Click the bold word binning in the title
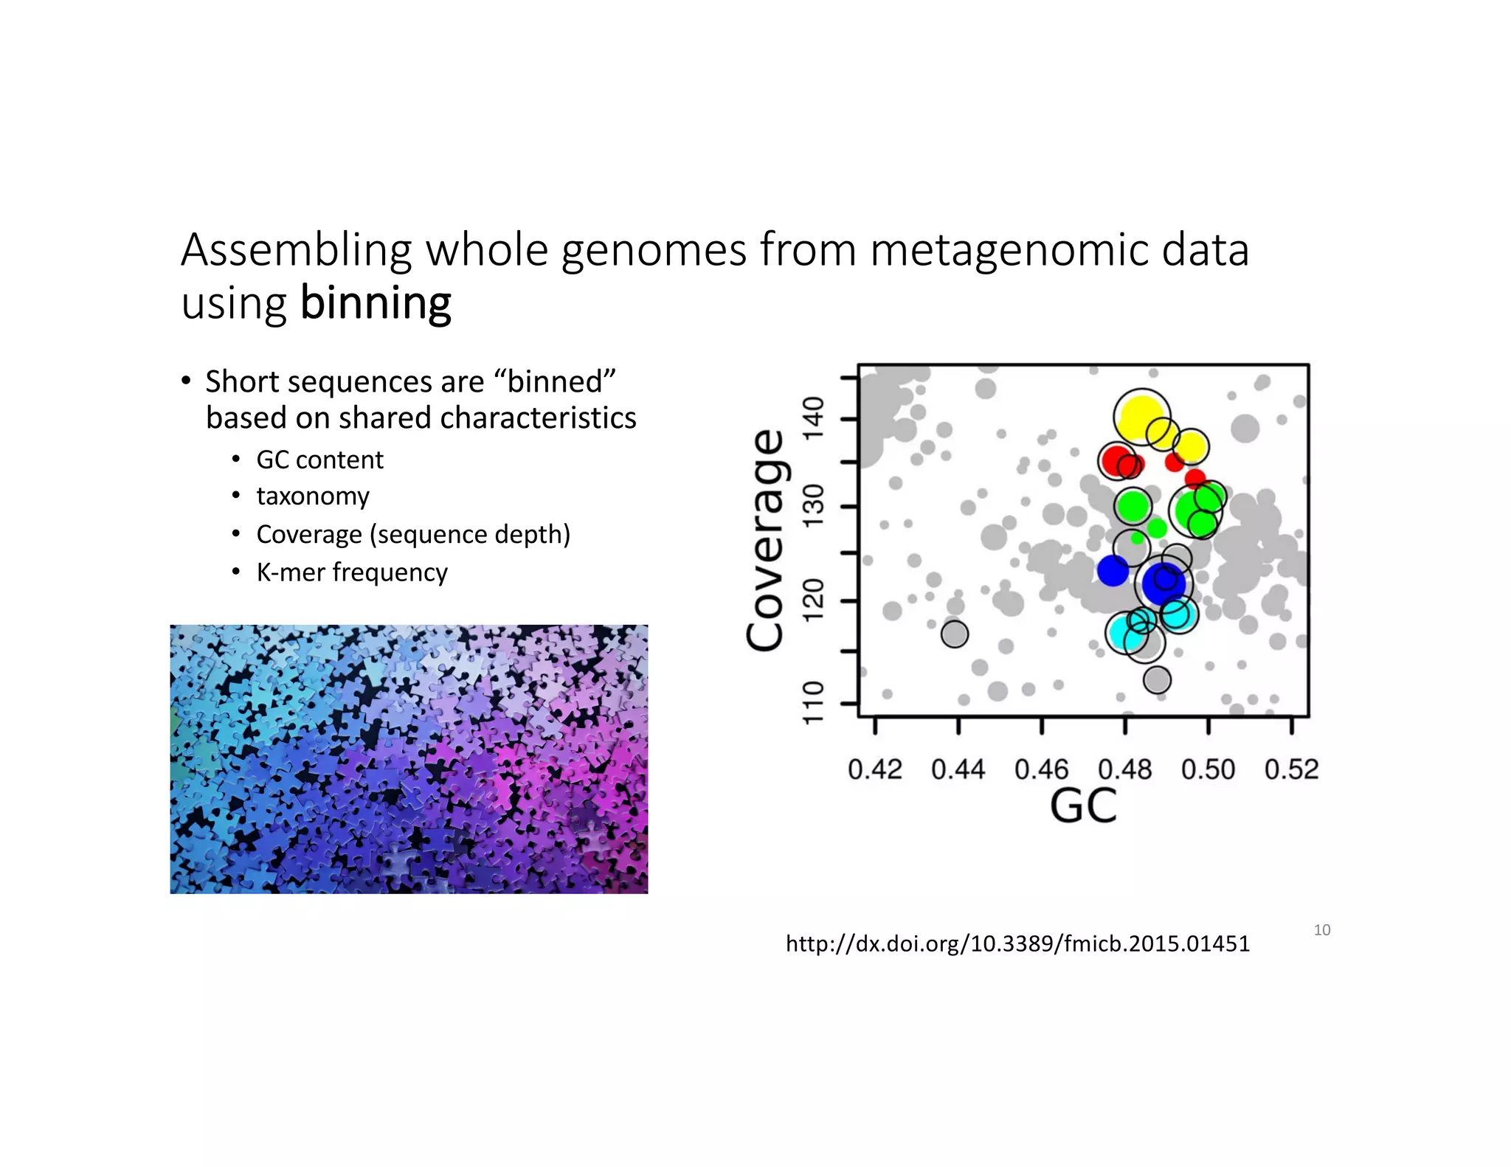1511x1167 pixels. (376, 303)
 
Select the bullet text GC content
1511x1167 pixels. (319, 460)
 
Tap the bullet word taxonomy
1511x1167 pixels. (313, 496)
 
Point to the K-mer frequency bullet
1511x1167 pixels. (352, 572)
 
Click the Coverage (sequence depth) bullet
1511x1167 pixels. (413, 534)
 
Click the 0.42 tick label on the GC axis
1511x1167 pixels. (875, 769)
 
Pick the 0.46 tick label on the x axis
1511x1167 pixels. (1041, 769)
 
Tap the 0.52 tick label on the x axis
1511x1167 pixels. (1291, 769)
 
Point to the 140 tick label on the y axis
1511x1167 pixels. (813, 418)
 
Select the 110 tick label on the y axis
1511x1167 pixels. (813, 702)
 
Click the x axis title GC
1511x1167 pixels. (1083, 806)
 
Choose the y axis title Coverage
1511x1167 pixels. (765, 541)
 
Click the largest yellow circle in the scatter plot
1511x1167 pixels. (1141, 417)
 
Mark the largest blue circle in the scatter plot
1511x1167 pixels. (1163, 583)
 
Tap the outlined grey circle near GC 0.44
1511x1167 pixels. (955, 634)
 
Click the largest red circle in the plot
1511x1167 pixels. (1116, 460)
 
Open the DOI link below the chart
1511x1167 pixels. (1017, 943)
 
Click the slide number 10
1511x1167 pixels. (1321, 930)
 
